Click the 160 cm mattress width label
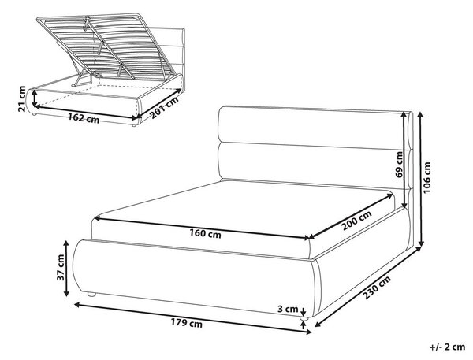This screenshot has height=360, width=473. pos(205,233)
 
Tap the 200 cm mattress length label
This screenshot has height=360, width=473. pos(356,221)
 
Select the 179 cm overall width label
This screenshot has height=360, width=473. pos(187,323)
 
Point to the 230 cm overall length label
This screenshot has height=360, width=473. pos(377,288)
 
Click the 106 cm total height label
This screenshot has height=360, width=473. pos(427,178)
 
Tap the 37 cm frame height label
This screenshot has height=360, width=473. pos(61,267)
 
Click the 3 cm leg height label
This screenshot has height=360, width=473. pos(288,309)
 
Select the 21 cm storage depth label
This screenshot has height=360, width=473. pos(22,98)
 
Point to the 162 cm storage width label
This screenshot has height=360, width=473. pos(84,117)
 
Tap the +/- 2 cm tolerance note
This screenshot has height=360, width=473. pos(447,347)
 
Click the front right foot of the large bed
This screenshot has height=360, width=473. pos(304,318)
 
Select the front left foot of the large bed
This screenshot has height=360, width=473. pos(91,295)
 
